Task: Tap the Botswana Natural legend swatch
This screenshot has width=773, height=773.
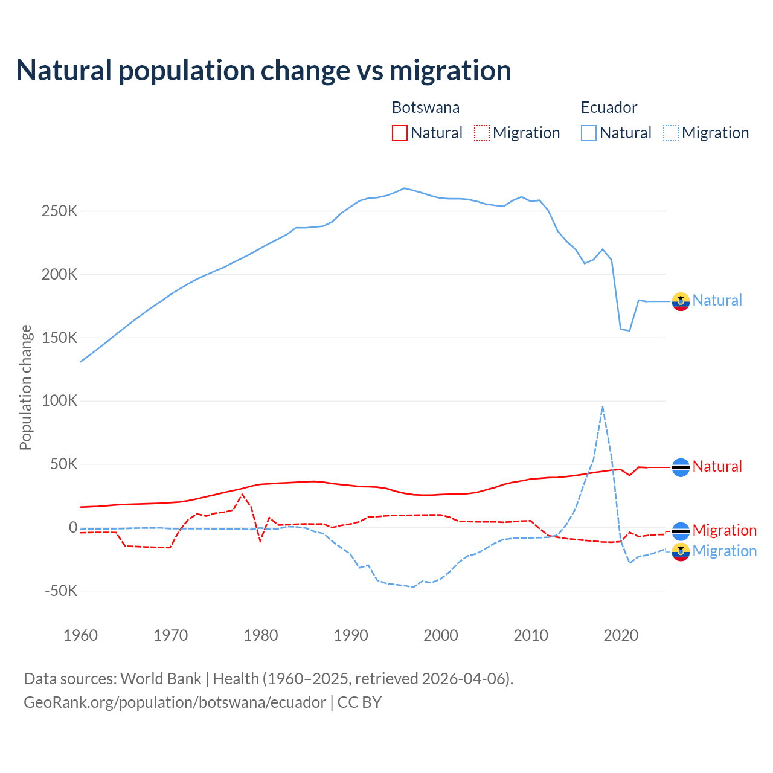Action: tap(399, 133)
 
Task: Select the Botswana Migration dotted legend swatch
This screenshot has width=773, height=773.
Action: tap(481, 133)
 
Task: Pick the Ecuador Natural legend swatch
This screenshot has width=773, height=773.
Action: tap(588, 133)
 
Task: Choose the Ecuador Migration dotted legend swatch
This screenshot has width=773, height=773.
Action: tap(670, 133)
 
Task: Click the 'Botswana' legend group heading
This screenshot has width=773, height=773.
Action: tap(426, 107)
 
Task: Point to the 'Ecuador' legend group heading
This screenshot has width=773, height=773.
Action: tap(609, 107)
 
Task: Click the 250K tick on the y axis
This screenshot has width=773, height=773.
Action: tap(60, 211)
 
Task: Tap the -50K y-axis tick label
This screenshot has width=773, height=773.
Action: tap(61, 591)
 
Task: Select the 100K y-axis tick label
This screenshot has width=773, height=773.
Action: tap(60, 401)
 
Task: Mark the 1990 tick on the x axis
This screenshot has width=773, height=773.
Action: tap(351, 635)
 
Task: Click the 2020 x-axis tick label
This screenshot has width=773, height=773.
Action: tap(621, 635)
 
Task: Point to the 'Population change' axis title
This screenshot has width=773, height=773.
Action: tap(25, 387)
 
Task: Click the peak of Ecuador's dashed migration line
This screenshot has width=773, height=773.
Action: tap(603, 407)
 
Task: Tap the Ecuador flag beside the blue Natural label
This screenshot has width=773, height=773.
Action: tap(681, 301)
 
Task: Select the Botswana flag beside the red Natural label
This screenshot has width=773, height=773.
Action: tap(681, 467)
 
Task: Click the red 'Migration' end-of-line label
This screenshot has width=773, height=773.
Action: tap(724, 530)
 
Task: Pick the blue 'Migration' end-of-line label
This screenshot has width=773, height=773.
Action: tap(724, 551)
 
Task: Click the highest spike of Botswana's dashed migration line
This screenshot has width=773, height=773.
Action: tap(242, 495)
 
